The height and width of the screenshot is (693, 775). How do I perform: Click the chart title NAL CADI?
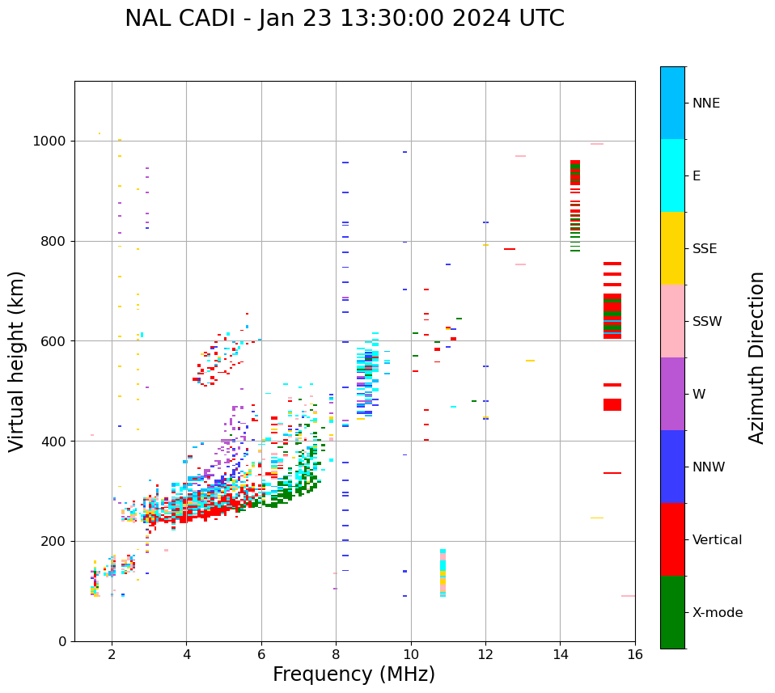345,19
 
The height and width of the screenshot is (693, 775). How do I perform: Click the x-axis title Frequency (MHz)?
354,674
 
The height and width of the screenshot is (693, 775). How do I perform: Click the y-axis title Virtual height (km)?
17,361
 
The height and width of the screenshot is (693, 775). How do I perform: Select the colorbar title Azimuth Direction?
756,357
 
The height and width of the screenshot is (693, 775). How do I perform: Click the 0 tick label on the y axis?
61,641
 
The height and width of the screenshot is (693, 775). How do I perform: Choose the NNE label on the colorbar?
705,104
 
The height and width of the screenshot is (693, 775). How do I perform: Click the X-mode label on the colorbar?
717,613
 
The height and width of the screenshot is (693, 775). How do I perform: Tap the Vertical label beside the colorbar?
717,540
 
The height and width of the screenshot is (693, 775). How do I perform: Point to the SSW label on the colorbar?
707,322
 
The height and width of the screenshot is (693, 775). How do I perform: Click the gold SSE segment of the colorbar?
672,248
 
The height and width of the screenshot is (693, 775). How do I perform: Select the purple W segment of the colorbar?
672,394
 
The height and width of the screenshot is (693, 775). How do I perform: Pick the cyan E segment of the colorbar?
672,175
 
